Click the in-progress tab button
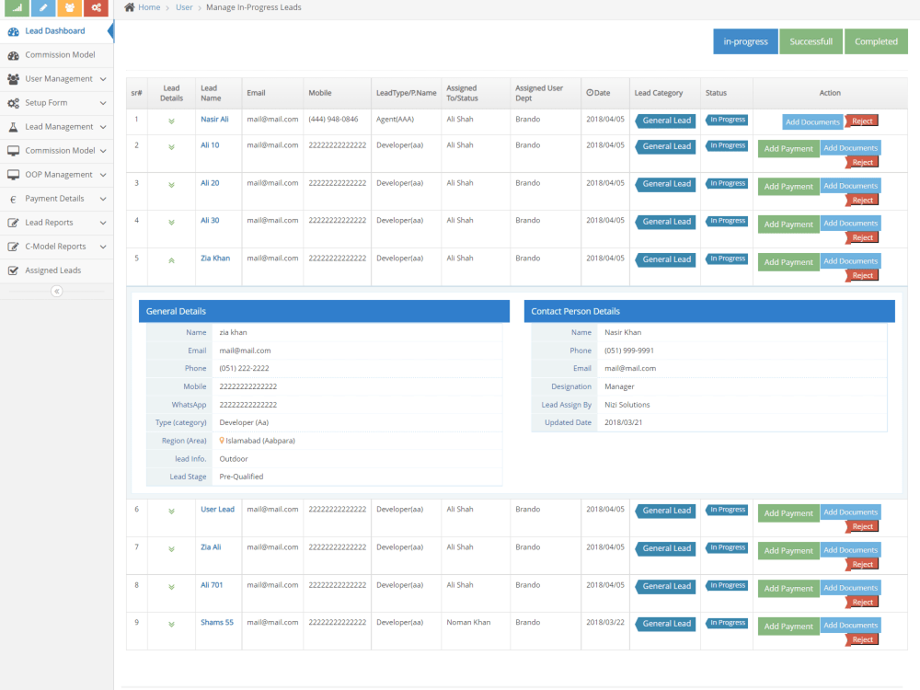pos(745,41)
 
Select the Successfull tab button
pos(811,41)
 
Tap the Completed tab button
pos(876,41)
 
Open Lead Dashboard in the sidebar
pos(55,31)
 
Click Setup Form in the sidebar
pos(46,103)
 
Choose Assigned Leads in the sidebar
pos(52,270)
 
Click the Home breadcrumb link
pos(149,7)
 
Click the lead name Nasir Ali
pos(214,119)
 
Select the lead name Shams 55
pos(217,623)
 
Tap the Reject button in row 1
pos(862,121)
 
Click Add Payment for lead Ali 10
pos(788,149)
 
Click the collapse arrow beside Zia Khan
pos(171,260)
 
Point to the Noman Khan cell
pos(468,623)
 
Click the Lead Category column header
pos(659,93)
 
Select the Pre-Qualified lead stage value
pos(241,477)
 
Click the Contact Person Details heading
pos(576,312)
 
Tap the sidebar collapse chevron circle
pos(57,291)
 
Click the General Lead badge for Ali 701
pos(666,586)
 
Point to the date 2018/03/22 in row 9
pos(605,623)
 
